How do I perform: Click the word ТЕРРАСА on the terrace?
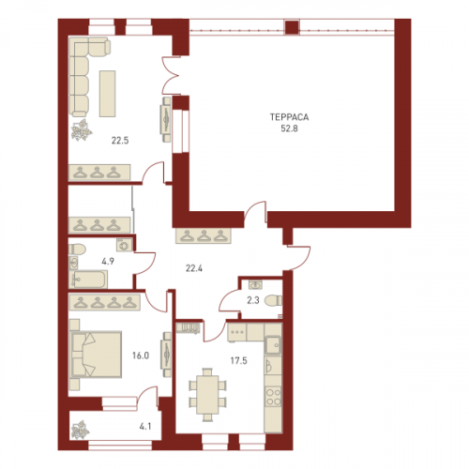point(289,117)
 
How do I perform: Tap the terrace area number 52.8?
point(289,129)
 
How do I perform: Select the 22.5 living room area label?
point(120,141)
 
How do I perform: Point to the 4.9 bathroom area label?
point(108,261)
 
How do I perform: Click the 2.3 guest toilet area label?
point(253,300)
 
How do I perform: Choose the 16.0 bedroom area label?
point(141,356)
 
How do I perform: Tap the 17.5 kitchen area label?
point(239,361)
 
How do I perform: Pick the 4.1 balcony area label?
point(145,426)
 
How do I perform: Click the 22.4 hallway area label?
point(194,268)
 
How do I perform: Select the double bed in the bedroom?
point(97,355)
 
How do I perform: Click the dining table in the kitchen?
point(207,395)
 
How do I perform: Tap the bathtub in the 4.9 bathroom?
point(88,280)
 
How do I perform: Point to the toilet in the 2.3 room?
point(273,301)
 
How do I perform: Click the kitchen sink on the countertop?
point(273,344)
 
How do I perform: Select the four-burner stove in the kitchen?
point(273,396)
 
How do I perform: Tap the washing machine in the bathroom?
point(125,245)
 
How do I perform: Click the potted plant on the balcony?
point(80,430)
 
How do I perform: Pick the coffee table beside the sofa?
point(108,94)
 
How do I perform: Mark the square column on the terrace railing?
point(292,27)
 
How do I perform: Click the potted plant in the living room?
point(82,129)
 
